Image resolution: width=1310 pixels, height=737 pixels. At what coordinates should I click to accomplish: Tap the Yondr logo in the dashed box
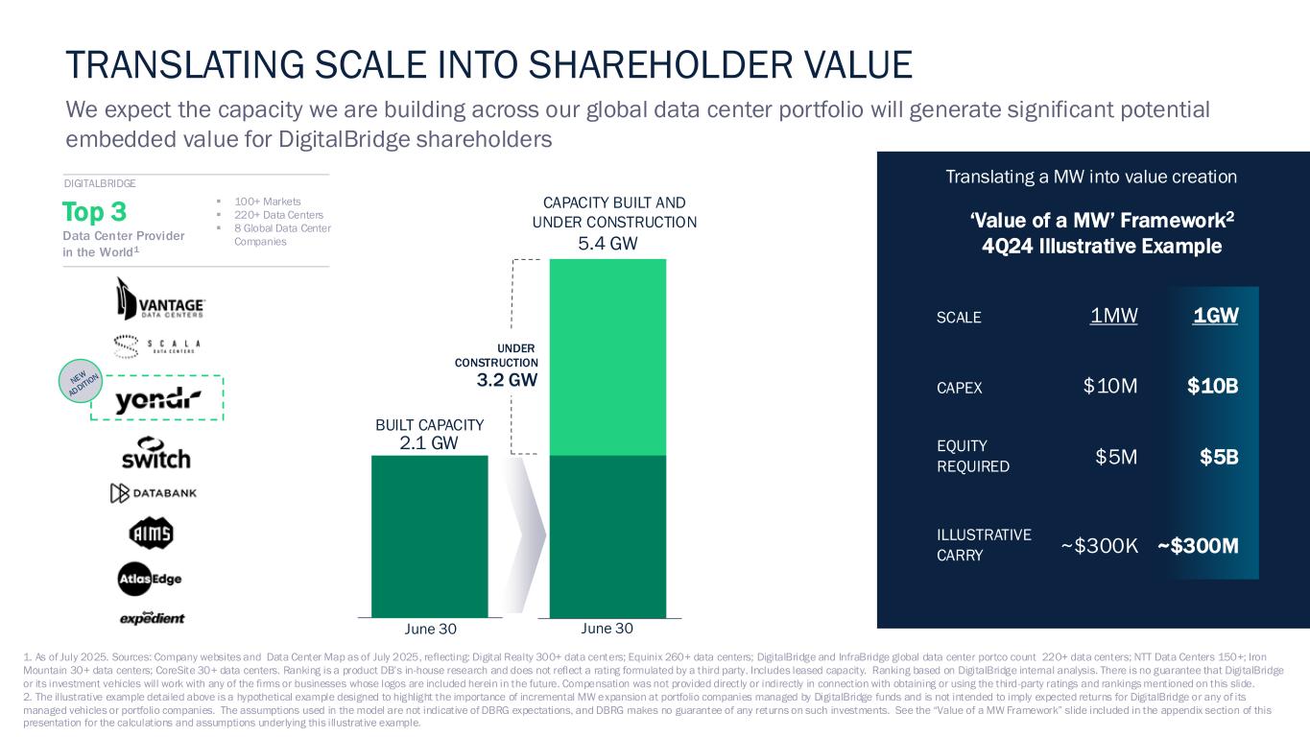tap(158, 401)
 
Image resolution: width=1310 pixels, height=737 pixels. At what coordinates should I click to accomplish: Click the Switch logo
tap(155, 452)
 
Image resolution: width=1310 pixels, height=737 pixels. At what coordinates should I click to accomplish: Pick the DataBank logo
tap(153, 494)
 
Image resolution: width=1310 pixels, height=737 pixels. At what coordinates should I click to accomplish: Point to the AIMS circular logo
tap(151, 534)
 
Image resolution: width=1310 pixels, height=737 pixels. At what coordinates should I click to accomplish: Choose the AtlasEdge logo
tap(151, 579)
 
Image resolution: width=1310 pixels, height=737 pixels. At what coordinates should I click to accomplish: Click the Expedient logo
tap(152, 617)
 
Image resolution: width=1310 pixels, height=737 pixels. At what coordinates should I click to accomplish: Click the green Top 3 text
tap(94, 211)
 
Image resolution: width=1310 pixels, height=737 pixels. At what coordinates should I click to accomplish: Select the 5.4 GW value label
tap(607, 245)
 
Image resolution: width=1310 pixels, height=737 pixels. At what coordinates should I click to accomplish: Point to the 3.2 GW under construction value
tap(507, 380)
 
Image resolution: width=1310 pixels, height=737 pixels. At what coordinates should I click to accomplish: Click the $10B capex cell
tap(1212, 386)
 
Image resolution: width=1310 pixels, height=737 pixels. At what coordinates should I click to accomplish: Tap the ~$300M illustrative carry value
tap(1198, 546)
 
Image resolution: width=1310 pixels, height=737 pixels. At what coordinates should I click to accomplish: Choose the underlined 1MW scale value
tap(1114, 316)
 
